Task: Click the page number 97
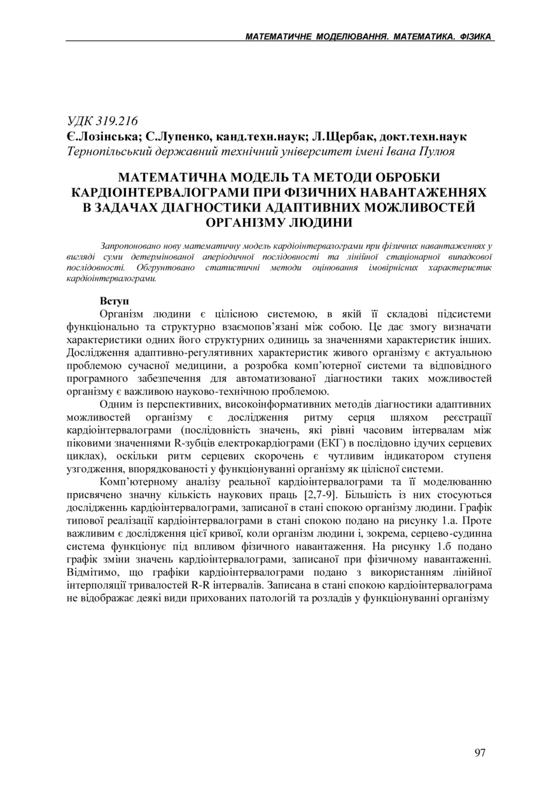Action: [x=480, y=753]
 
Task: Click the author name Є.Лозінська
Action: [x=102, y=137]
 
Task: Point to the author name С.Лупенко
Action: [x=174, y=137]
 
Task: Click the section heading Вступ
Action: [x=115, y=300]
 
